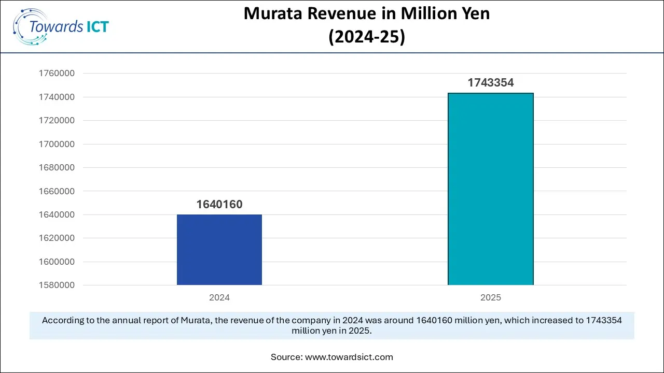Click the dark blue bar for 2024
point(219,250)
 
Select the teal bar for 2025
point(490,189)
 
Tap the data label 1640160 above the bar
point(219,205)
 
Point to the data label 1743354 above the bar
point(490,83)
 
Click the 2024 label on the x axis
point(219,298)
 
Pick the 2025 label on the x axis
point(490,298)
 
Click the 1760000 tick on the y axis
point(57,74)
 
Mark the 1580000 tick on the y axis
point(57,285)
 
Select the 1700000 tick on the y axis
point(57,144)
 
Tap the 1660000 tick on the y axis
point(57,191)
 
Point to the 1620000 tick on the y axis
point(57,238)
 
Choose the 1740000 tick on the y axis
point(57,97)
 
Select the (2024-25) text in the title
point(367,37)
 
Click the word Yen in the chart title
point(474,14)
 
